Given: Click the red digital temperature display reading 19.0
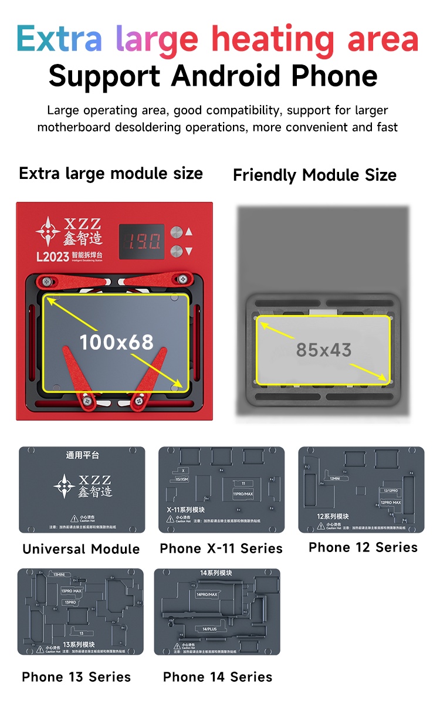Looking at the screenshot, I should click(x=141, y=241).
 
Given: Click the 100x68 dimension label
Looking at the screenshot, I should click(x=116, y=341).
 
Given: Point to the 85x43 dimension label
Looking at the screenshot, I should click(x=323, y=350).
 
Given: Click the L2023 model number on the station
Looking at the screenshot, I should click(x=52, y=256).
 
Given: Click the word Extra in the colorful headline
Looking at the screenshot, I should click(x=59, y=38).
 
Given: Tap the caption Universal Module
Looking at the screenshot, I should click(x=81, y=549).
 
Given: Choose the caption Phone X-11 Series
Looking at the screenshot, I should click(x=221, y=549).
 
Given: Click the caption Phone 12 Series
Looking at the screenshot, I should click(x=363, y=547).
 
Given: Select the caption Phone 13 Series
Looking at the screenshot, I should click(x=76, y=677).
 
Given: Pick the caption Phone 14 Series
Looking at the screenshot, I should click(x=218, y=677).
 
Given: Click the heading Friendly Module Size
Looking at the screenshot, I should click(x=314, y=175).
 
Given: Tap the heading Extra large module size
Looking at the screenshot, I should click(x=111, y=174).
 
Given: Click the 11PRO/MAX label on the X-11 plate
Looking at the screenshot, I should click(x=243, y=495).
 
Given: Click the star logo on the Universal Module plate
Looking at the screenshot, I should click(x=63, y=486).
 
